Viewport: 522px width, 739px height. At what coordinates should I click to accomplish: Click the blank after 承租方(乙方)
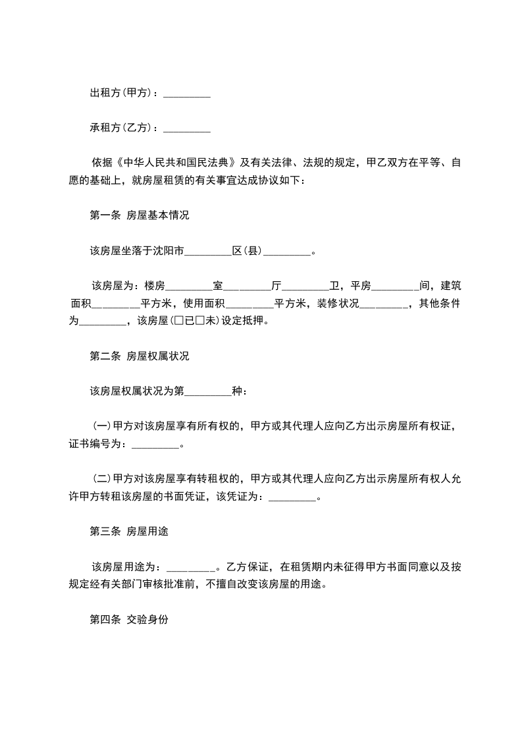click(x=186, y=128)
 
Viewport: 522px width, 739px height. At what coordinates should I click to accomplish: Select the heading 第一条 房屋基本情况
click(x=139, y=215)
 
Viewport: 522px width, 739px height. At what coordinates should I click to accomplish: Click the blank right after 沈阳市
click(x=209, y=251)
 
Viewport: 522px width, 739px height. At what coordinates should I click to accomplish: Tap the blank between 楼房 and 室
click(x=190, y=286)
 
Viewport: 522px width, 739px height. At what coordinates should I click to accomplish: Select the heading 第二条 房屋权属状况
click(x=139, y=356)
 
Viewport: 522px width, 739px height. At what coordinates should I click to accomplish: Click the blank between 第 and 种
click(x=209, y=391)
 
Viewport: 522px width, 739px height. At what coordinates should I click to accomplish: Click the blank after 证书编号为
click(x=155, y=444)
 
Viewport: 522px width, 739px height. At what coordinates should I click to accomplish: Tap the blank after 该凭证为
click(x=293, y=497)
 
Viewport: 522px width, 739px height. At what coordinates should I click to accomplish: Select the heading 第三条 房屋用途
click(x=128, y=532)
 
